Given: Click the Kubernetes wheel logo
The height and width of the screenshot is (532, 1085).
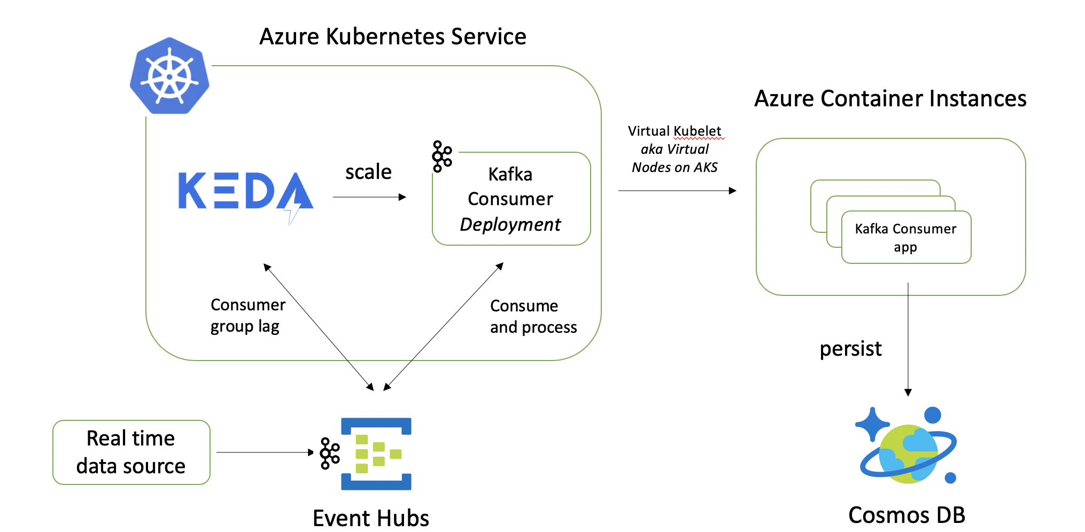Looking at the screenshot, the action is (x=169, y=75).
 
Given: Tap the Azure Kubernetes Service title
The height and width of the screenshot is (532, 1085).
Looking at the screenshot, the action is (x=393, y=37).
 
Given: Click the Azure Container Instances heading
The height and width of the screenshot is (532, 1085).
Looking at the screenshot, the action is (x=890, y=99).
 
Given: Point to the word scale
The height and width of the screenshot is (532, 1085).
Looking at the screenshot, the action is (x=368, y=172).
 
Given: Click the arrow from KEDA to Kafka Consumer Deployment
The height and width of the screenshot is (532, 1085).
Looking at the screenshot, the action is (x=369, y=197).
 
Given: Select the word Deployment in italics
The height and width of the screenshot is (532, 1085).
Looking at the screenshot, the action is (x=510, y=225).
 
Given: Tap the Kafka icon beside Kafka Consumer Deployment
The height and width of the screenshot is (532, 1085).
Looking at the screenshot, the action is (x=442, y=157).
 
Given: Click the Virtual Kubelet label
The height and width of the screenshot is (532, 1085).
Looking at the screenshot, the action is (x=675, y=131).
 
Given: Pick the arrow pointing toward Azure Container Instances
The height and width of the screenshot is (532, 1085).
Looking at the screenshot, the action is (x=677, y=191).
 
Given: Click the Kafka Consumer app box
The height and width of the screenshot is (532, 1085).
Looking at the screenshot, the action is (x=906, y=237).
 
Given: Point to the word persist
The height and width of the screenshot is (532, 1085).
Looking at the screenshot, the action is (x=851, y=349).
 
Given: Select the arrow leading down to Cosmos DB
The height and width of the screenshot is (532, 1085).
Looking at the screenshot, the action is (x=908, y=340).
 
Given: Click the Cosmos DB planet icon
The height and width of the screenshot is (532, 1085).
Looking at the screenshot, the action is (x=906, y=445).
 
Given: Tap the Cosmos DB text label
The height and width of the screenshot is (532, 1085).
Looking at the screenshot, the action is (x=907, y=515).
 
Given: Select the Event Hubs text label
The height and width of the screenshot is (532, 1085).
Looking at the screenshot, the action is (x=371, y=518).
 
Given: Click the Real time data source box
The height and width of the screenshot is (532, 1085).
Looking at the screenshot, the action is (x=131, y=452).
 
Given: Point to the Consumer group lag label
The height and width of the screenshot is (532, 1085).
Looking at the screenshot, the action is (x=248, y=315).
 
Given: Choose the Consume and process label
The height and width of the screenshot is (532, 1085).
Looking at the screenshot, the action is (x=533, y=316).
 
